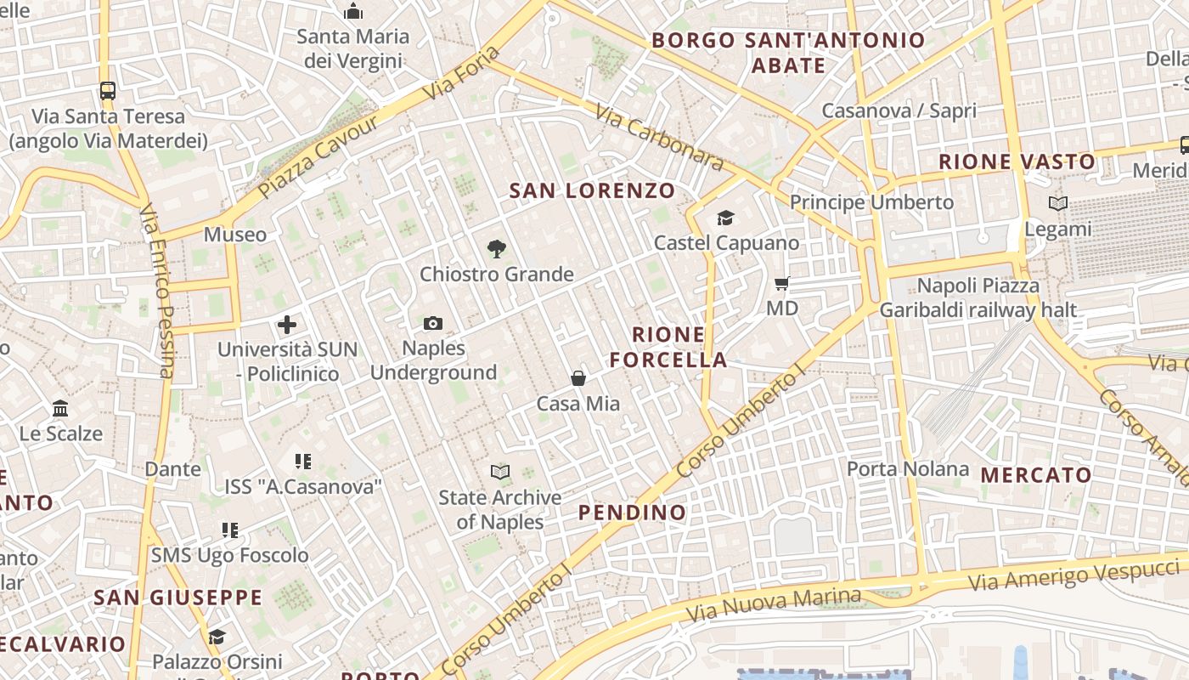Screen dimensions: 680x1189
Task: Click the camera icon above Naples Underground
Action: click(433, 324)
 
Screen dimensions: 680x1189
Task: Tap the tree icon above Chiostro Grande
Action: click(497, 249)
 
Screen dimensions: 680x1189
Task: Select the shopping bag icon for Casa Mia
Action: click(578, 378)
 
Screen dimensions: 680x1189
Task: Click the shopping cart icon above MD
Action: click(782, 283)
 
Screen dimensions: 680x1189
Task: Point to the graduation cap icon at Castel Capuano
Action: click(725, 218)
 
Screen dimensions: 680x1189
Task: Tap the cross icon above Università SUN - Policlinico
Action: click(287, 324)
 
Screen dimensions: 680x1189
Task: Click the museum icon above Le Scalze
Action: click(60, 409)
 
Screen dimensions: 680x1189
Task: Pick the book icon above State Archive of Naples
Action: click(500, 472)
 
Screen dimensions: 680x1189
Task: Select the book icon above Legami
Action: click(1057, 203)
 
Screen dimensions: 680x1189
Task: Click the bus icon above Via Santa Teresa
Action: click(108, 90)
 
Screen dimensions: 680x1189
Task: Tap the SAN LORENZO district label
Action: click(592, 190)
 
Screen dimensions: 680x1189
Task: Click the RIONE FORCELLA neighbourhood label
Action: click(668, 347)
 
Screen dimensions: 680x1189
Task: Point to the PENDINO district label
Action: click(632, 512)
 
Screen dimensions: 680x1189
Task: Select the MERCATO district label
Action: click(1036, 475)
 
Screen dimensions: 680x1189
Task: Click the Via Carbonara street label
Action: click(657, 136)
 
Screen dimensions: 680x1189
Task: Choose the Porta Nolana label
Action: click(907, 468)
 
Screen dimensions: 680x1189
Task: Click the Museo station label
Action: click(235, 234)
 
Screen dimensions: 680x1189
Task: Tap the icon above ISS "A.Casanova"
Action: click(303, 461)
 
